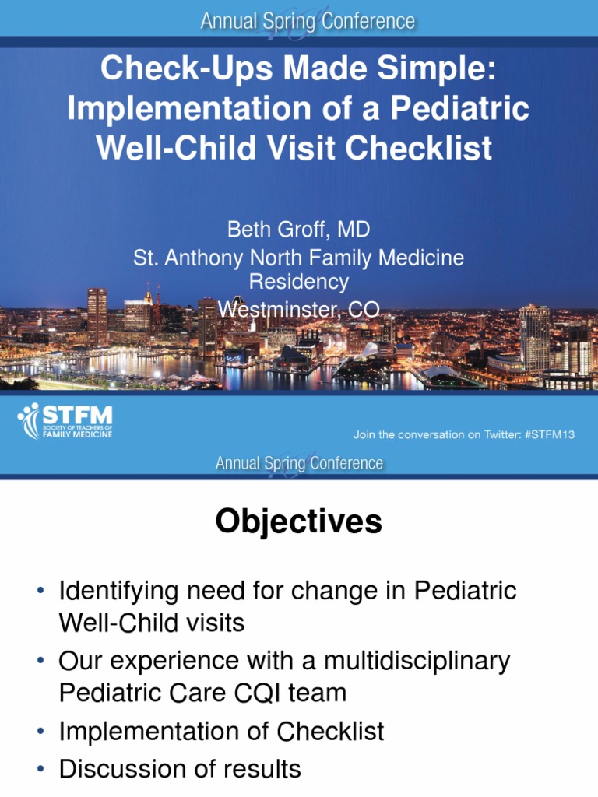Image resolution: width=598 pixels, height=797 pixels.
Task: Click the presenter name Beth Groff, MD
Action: pos(298,230)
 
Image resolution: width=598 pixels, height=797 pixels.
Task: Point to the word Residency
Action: pos(298,282)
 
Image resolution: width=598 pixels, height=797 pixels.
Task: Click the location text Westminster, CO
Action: pos(298,310)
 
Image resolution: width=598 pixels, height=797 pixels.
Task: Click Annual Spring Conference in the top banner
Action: pos(308,22)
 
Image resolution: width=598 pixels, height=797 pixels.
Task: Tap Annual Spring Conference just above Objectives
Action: pos(300,464)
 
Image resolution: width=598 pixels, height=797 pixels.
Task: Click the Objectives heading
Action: pos(298,522)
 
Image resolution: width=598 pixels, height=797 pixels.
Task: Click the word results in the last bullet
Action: pos(262,770)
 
